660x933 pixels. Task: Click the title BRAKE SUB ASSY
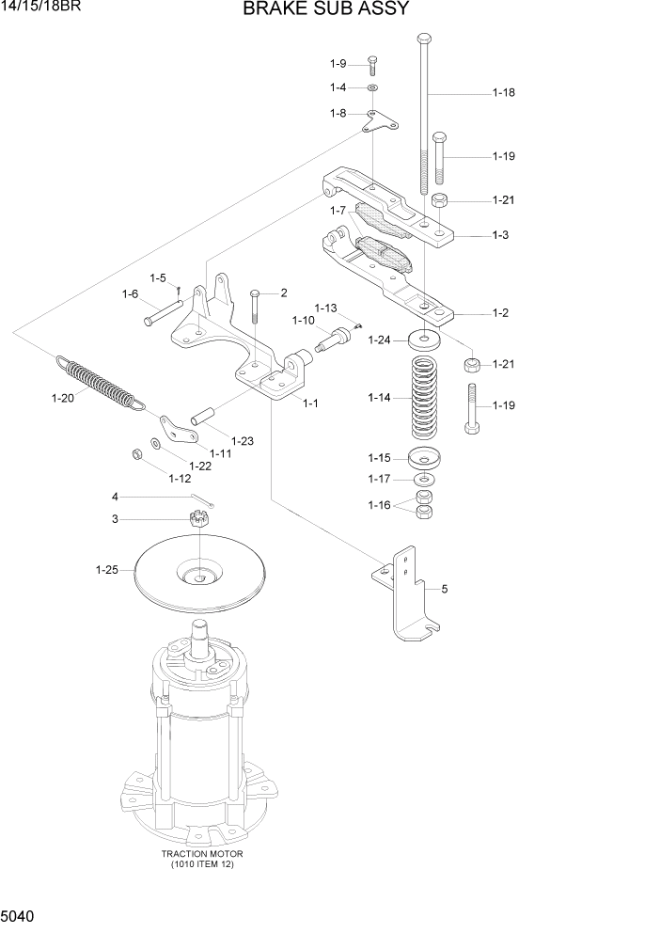point(325,10)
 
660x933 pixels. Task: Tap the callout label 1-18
point(504,93)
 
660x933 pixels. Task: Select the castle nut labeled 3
point(200,518)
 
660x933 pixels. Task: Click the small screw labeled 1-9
point(372,63)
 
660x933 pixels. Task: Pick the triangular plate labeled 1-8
point(379,119)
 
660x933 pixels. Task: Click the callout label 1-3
point(499,234)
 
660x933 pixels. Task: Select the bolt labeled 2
point(256,306)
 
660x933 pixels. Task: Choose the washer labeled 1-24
point(426,339)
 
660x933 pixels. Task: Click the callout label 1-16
point(379,506)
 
